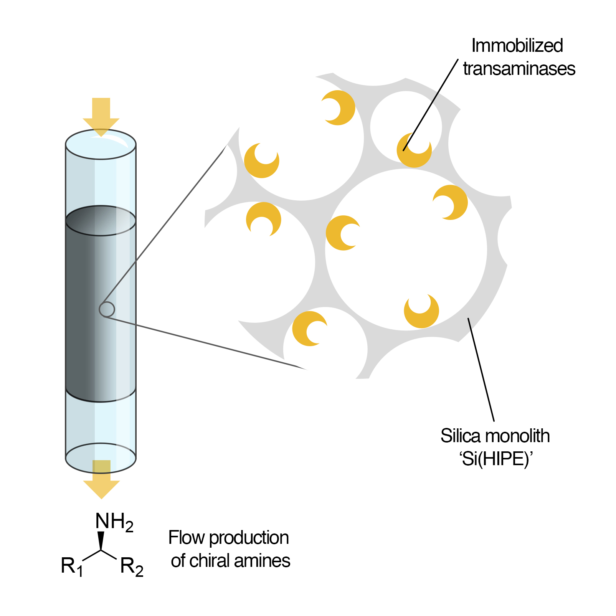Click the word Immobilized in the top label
517,46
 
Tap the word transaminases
519,69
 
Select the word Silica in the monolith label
460,436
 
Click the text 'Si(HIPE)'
496,459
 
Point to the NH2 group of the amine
114,522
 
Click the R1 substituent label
72,566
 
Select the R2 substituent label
132,566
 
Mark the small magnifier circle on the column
107,309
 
